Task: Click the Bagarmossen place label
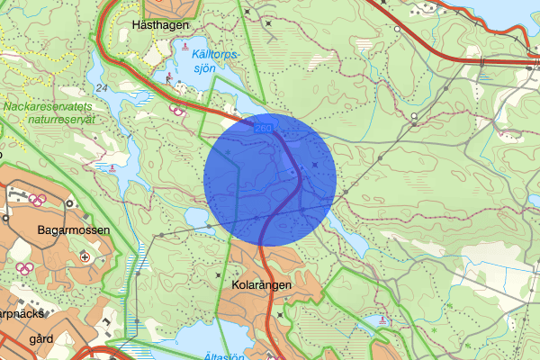[73, 230]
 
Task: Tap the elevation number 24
[100, 87]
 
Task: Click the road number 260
[263, 131]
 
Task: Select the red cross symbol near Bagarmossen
[85, 256]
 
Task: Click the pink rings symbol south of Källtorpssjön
[178, 112]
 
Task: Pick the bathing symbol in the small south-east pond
[385, 319]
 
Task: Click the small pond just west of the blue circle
[195, 217]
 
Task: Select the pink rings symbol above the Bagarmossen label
[37, 199]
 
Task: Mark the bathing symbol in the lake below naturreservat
[111, 166]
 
